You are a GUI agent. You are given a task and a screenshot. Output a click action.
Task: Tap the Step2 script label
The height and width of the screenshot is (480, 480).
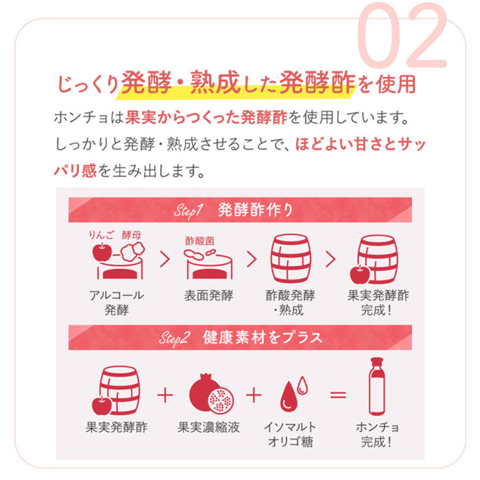[x=174, y=338]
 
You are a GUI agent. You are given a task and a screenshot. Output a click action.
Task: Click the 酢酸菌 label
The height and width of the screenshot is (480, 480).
[x=199, y=241]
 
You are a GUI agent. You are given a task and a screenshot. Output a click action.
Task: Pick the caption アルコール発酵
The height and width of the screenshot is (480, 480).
[x=117, y=302]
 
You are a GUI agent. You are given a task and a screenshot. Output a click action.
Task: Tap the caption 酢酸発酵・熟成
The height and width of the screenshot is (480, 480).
[x=290, y=302]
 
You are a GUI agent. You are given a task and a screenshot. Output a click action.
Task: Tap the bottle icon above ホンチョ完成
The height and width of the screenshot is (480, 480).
[x=378, y=386]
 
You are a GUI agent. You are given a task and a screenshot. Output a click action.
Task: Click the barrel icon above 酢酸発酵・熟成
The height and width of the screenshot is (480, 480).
[x=290, y=260]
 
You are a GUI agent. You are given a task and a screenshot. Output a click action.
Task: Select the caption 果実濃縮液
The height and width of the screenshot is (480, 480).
[x=209, y=427]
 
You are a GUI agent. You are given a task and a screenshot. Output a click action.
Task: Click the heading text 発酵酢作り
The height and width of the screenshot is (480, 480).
[x=255, y=210]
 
